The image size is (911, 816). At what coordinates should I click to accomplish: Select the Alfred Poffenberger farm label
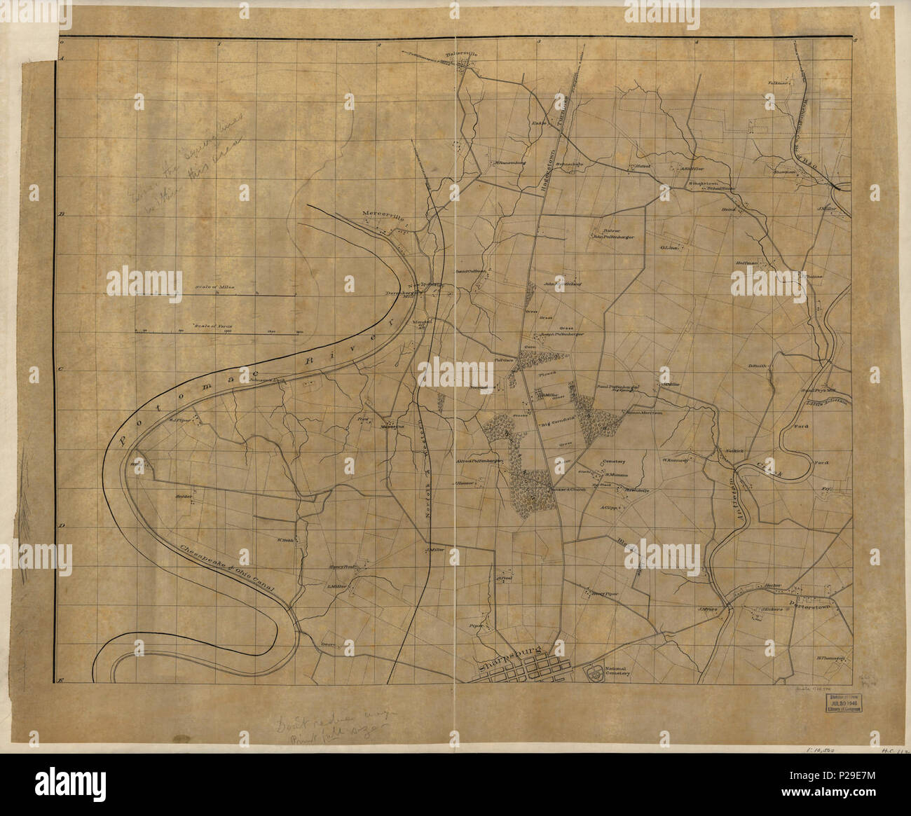480,462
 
